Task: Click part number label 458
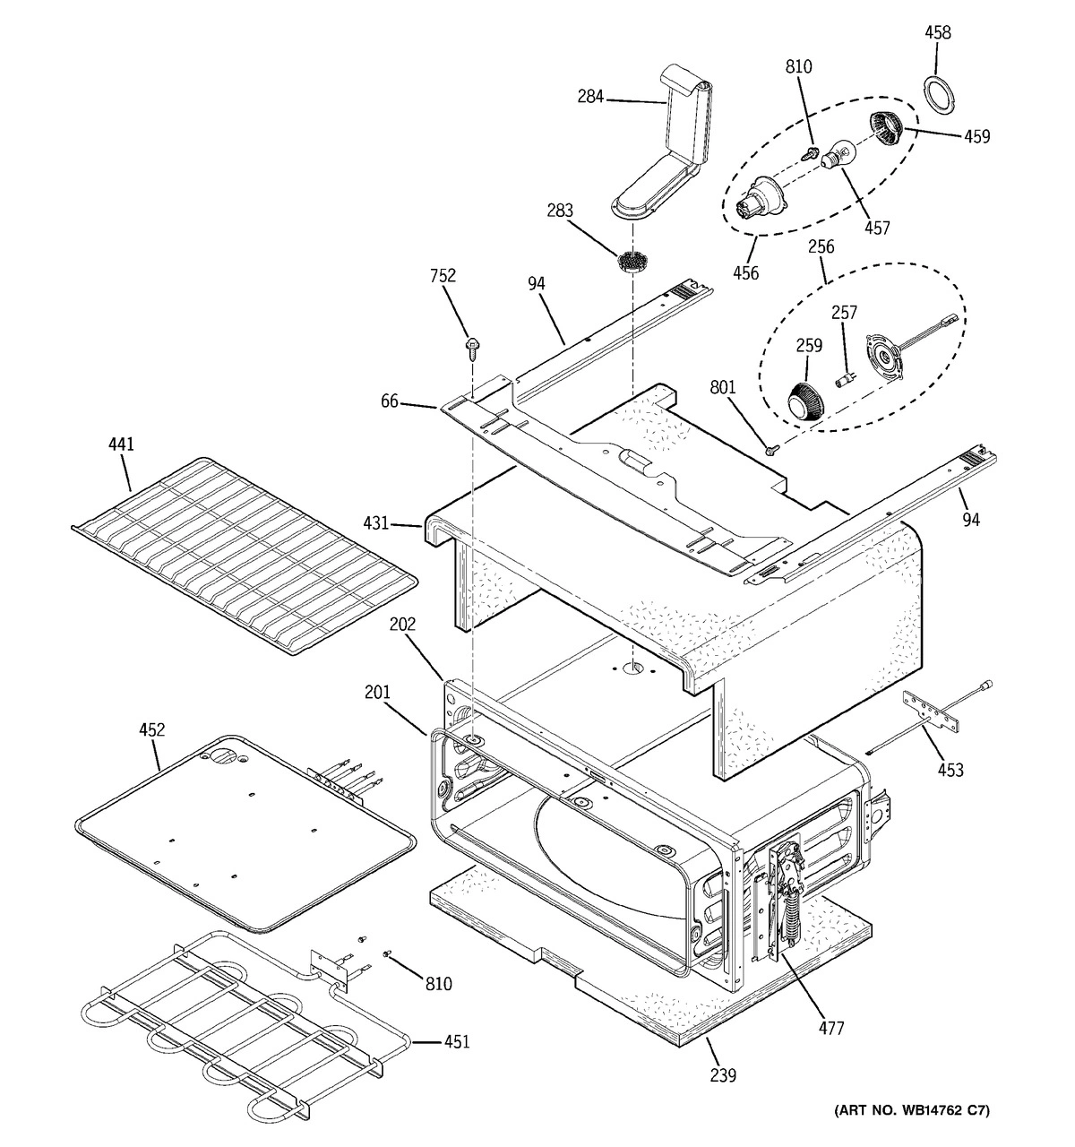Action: [x=937, y=33]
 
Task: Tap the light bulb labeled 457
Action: [x=838, y=156]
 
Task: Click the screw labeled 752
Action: [x=469, y=345]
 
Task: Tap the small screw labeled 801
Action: [x=771, y=445]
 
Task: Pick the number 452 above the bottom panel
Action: [x=151, y=729]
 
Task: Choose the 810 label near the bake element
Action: [x=438, y=984]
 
